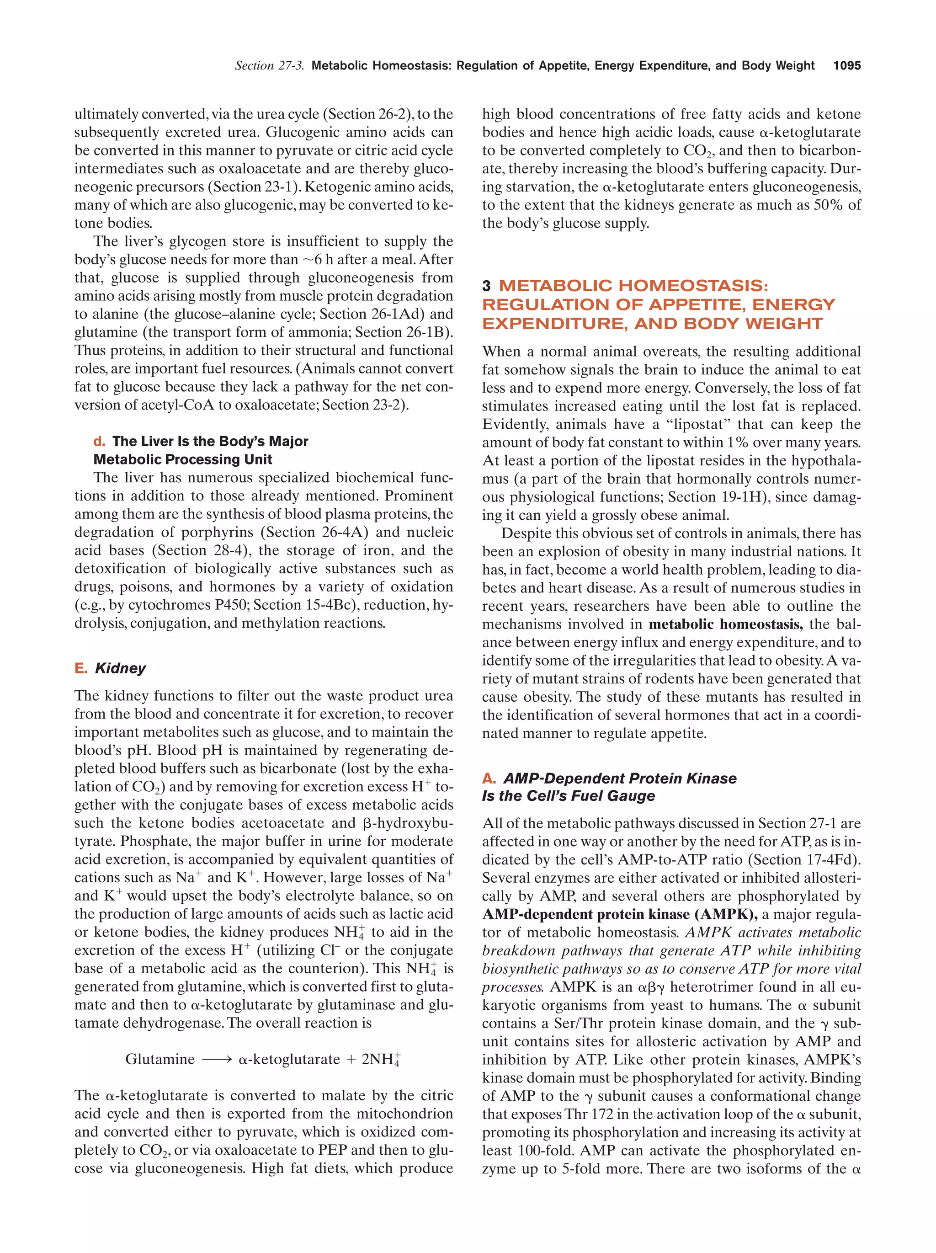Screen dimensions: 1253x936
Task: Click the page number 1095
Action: point(846,66)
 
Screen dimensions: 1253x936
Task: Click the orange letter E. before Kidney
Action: point(81,668)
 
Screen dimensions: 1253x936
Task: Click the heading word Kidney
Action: point(121,668)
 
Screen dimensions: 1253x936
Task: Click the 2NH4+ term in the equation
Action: point(381,1059)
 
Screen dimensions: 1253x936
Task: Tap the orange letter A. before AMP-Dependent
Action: point(489,778)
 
